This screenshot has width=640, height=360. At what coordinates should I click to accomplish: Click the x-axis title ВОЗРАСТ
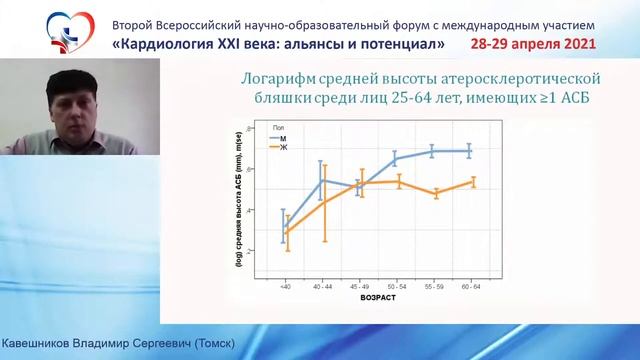376,298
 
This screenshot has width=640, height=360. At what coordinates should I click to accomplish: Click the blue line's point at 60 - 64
471,151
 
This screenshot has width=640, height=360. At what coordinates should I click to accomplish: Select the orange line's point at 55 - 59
434,194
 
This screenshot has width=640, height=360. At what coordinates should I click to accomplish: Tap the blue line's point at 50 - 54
397,159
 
